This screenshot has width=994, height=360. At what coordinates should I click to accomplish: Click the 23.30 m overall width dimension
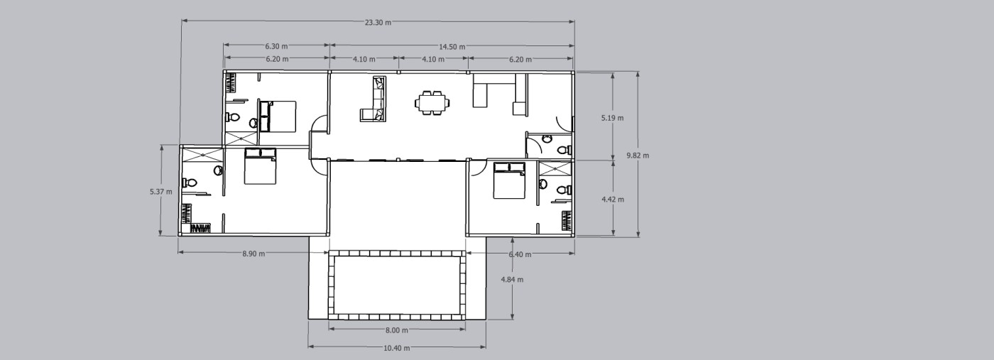pyautogui.click(x=378, y=23)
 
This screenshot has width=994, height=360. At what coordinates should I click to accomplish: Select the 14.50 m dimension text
pyautogui.click(x=452, y=47)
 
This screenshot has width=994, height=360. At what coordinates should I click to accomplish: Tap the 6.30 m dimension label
pyautogui.click(x=276, y=46)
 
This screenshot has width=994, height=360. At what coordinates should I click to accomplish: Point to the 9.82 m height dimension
pyautogui.click(x=638, y=156)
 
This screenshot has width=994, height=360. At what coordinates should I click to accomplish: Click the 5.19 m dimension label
pyautogui.click(x=612, y=118)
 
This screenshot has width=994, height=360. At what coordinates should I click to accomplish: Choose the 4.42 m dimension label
pyautogui.click(x=613, y=200)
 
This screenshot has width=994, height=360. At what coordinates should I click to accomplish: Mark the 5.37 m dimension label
pyautogui.click(x=161, y=192)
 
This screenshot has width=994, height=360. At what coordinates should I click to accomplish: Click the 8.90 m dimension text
pyautogui.click(x=254, y=254)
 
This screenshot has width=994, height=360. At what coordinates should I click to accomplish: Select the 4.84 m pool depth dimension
pyautogui.click(x=512, y=280)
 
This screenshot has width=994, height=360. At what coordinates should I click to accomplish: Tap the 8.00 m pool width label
pyautogui.click(x=397, y=330)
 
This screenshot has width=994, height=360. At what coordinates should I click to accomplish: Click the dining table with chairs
pyautogui.click(x=432, y=102)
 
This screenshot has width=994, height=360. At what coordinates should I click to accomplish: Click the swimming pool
pyautogui.click(x=397, y=285)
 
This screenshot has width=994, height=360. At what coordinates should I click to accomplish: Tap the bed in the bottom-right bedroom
pyautogui.click(x=510, y=180)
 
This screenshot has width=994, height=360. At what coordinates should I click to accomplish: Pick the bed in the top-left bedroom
pyautogui.click(x=278, y=116)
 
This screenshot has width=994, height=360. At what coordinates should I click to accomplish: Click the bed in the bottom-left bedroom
pyautogui.click(x=261, y=166)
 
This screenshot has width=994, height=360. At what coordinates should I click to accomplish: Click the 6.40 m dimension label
pyautogui.click(x=520, y=254)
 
